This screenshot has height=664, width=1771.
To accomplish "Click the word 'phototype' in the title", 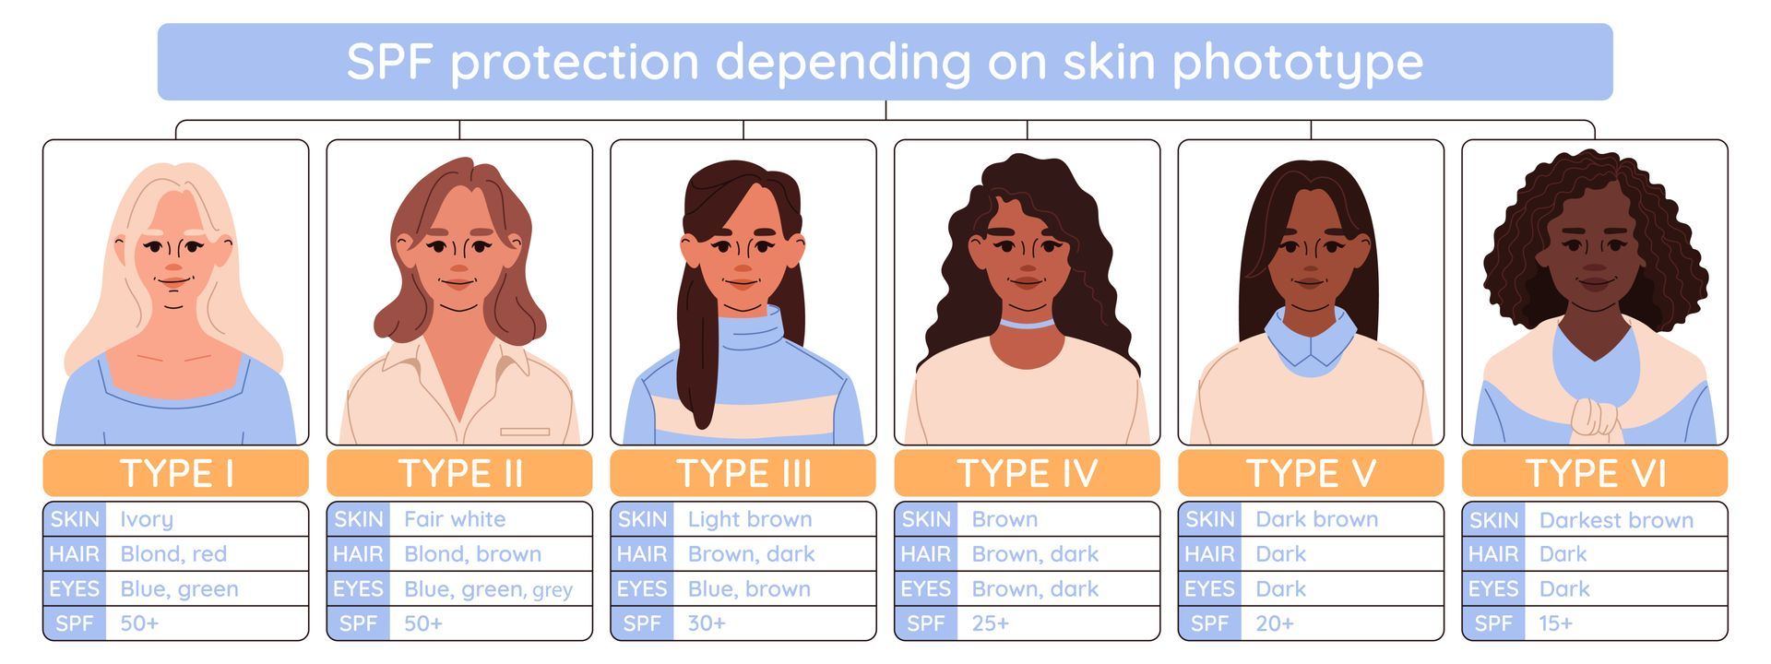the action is pos(1297,63).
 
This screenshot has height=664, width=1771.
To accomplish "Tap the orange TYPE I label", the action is pos(175,473).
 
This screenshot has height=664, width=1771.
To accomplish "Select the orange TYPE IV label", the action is pos(1027,473).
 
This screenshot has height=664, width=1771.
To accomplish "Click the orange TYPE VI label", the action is pos(1595,473).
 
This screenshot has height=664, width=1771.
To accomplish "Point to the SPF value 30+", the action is pos(707,623).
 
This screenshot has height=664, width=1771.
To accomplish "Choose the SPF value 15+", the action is pos(1556,623).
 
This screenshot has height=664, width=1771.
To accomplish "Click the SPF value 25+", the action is pos(991,623).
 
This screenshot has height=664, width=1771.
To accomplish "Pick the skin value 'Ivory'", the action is pos(147,520).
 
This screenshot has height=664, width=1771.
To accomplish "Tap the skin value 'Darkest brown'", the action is pos(1616,520).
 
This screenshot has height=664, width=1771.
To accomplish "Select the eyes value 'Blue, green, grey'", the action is pos(488,589).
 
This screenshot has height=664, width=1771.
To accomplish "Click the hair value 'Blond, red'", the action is pos(173,554).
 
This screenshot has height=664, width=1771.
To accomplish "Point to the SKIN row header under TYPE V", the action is pos(1209,519).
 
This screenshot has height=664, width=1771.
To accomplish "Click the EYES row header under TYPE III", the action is pos(642,588).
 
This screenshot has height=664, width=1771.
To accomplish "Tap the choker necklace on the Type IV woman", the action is pos(1027,324).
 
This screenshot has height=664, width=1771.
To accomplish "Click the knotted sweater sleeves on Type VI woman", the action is pos(1596,418).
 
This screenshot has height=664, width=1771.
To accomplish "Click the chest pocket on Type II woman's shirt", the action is pos(525,432).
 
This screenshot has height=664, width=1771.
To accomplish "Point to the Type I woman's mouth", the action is pos(173,281).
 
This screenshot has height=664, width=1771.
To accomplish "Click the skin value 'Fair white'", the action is pos(455,519).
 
